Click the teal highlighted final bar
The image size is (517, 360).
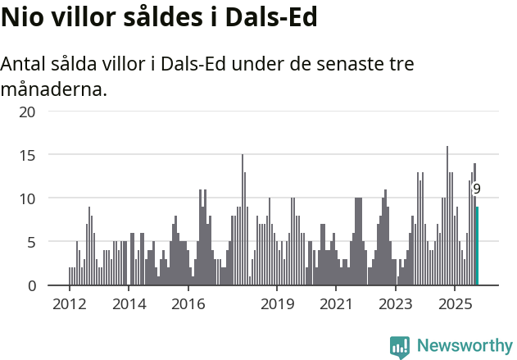tap(477, 246)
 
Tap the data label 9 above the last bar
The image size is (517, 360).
tap(477, 189)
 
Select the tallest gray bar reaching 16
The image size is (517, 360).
tap(447, 216)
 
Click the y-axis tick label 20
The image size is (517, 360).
tap(27, 111)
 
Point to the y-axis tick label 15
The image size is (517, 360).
tap(27, 154)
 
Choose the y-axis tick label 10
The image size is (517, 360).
tap(27, 198)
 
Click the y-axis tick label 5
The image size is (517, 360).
tap(31, 242)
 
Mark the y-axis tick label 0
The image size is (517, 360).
tap(31, 285)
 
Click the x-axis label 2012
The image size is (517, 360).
tap(69, 304)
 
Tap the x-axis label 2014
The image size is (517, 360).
tap(129, 304)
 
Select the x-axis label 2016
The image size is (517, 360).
tap(188, 304)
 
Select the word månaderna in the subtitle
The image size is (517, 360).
tap(53, 89)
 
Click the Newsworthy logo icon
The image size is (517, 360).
tap(400, 347)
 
